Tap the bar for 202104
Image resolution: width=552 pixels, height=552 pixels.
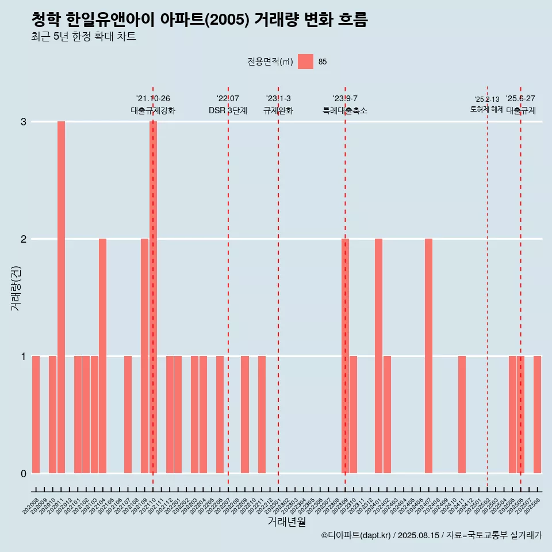point(102,356)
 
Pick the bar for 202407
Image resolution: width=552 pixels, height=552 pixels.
point(428,356)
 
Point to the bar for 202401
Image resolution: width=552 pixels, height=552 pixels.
point(378,356)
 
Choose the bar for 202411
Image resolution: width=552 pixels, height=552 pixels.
point(462,415)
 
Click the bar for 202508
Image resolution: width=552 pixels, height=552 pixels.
point(537,415)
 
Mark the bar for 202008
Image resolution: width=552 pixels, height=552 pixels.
point(36,415)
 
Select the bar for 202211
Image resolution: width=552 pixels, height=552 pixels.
point(262,415)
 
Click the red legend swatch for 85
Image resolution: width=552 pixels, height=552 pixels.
point(305,62)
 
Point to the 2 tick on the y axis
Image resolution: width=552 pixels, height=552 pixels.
point(24,239)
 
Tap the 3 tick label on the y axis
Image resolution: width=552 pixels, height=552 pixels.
point(24,122)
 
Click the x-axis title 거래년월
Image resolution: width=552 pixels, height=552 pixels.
point(286,522)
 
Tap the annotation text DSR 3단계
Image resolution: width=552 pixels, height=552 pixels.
point(228,110)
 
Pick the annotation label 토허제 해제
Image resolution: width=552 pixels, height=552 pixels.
point(486,109)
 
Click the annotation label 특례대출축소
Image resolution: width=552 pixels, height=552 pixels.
point(345,110)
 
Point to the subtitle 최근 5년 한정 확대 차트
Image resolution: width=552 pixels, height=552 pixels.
point(83,37)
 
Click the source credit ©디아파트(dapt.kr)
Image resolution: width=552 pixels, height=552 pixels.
point(356,535)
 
